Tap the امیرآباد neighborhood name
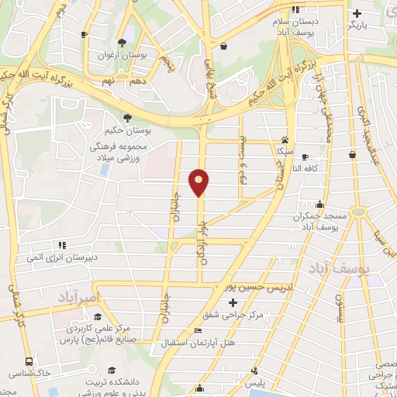[x=81, y=296]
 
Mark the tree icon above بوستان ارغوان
[x=121, y=43]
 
